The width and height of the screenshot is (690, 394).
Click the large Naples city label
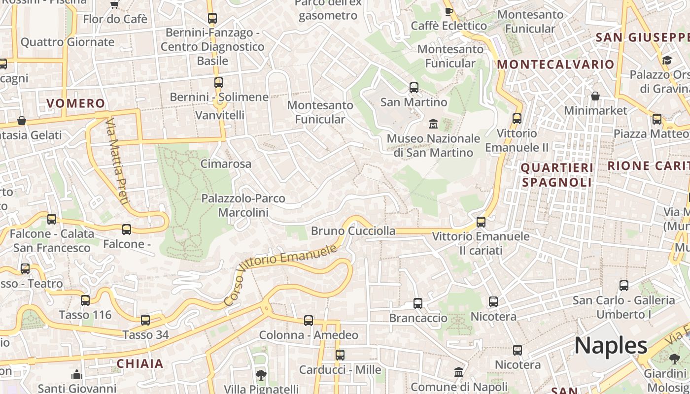611,345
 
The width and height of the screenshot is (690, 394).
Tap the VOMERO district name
76,103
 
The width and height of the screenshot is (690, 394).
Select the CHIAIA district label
140,363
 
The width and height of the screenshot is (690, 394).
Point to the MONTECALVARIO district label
555,65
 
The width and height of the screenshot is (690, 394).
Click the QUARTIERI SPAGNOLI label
557,175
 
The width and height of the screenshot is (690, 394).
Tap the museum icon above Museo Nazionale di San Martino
433,123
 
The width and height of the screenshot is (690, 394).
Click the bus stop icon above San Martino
414,88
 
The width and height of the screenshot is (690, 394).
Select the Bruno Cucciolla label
353,230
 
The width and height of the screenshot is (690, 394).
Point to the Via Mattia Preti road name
117,161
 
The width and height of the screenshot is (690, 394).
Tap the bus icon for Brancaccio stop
418,303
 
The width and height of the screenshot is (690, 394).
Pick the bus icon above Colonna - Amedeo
309,321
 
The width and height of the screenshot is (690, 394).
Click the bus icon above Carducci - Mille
340,355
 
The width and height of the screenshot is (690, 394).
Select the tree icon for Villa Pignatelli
261,375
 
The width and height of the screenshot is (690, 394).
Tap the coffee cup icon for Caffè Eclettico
448,11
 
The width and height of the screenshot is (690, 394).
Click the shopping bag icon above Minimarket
595,96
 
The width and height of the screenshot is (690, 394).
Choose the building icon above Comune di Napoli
459,372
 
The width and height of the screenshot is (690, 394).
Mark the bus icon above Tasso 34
145,320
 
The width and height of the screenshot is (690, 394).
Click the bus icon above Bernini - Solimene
219,83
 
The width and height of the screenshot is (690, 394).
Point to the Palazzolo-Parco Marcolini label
243,205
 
